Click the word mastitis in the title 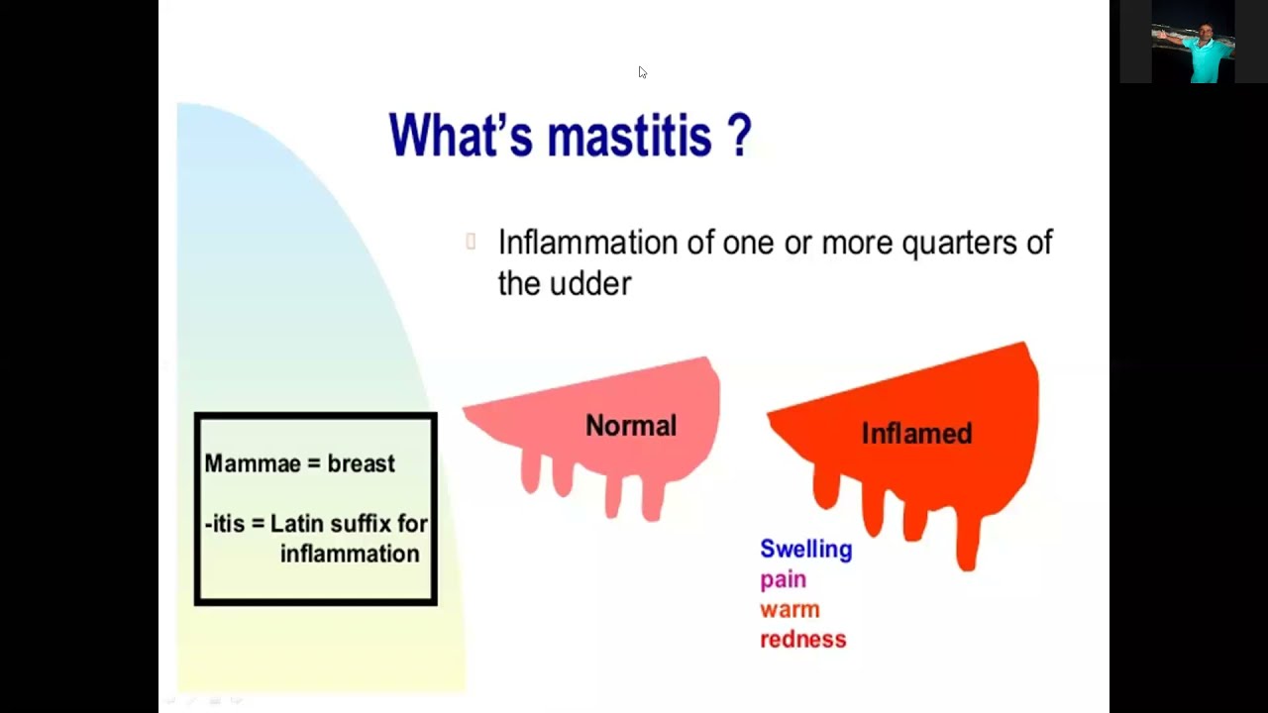tap(629, 136)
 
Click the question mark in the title tap(739, 136)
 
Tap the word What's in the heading tap(461, 136)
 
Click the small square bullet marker tap(471, 241)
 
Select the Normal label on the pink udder tap(630, 426)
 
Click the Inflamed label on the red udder tap(916, 434)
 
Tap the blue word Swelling tap(805, 550)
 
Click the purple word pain tap(783, 579)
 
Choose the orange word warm tap(790, 609)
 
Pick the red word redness tap(802, 640)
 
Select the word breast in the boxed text tap(361, 463)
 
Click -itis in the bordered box tap(224, 524)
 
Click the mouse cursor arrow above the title tap(642, 72)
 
